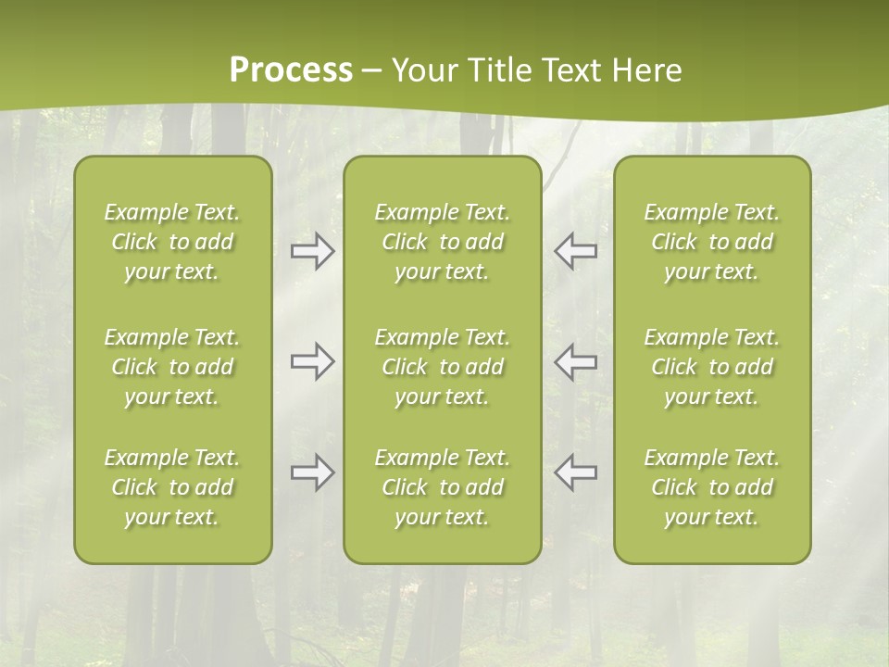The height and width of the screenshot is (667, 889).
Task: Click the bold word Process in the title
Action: pyautogui.click(x=291, y=70)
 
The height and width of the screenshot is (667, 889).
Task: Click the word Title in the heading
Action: pyautogui.click(x=496, y=70)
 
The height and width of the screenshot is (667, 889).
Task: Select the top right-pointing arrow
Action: pyautogui.click(x=312, y=251)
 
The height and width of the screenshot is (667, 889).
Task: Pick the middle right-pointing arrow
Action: pyautogui.click(x=312, y=361)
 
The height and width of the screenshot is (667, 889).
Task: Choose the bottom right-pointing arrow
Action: pyautogui.click(x=312, y=472)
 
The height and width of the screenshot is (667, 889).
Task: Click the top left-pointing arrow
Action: pyautogui.click(x=576, y=251)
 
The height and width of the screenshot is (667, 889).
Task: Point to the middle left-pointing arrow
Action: pyautogui.click(x=576, y=361)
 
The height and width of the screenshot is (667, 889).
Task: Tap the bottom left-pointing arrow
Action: pyautogui.click(x=576, y=472)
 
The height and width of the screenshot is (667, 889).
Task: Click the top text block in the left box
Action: pyautogui.click(x=172, y=242)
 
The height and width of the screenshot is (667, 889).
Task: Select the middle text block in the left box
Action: pyautogui.click(x=172, y=367)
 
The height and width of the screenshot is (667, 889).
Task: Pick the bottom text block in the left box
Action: pyautogui.click(x=172, y=487)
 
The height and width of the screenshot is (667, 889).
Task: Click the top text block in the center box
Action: pyautogui.click(x=442, y=242)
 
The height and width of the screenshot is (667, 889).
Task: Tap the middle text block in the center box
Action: pyautogui.click(x=442, y=367)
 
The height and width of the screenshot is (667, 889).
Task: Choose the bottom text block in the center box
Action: pyautogui.click(x=442, y=487)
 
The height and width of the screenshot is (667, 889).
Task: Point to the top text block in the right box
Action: pyautogui.click(x=711, y=242)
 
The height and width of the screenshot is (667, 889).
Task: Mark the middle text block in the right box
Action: pyautogui.click(x=711, y=367)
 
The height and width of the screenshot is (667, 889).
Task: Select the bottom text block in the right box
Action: pyautogui.click(x=711, y=487)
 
